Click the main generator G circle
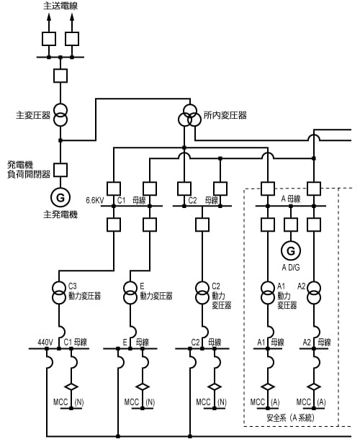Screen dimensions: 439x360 click(60, 197)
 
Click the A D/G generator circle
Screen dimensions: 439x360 click(291, 250)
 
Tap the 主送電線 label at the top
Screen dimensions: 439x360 click(60, 6)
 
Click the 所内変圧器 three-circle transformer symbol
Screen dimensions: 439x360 click(190, 115)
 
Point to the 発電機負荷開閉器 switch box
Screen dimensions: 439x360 click(60, 170)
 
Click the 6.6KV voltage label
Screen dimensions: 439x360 click(95, 200)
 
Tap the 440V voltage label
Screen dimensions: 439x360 click(46, 343)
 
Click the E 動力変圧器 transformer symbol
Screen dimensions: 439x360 click(130, 294)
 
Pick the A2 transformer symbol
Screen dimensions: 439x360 click(314, 294)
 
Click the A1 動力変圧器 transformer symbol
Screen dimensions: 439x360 click(268, 294)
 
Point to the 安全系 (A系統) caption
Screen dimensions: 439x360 click(290, 417)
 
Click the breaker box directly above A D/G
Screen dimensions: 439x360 click(291, 225)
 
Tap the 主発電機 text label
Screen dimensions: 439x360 click(60, 214)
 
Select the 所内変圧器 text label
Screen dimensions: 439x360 click(225, 115)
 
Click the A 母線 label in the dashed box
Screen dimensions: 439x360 click(290, 199)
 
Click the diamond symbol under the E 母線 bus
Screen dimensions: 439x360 click(143, 387)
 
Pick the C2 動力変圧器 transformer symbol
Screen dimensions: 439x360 click(202, 294)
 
